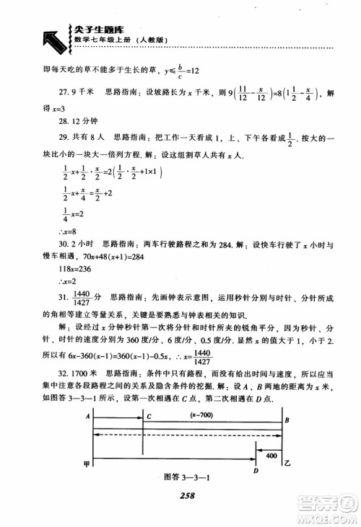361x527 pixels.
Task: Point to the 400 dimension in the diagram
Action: (x=271, y=457)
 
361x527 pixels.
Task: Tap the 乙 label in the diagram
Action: (x=287, y=465)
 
